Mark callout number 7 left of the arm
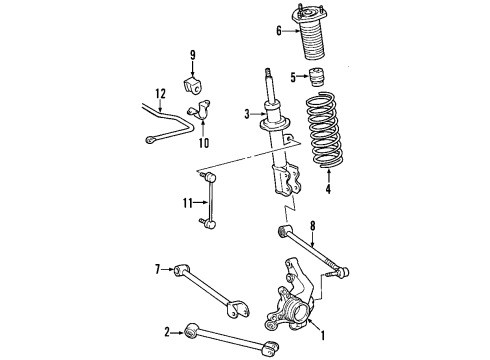click(158, 269)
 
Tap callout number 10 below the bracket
click(204, 143)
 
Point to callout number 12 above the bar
click(158, 95)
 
